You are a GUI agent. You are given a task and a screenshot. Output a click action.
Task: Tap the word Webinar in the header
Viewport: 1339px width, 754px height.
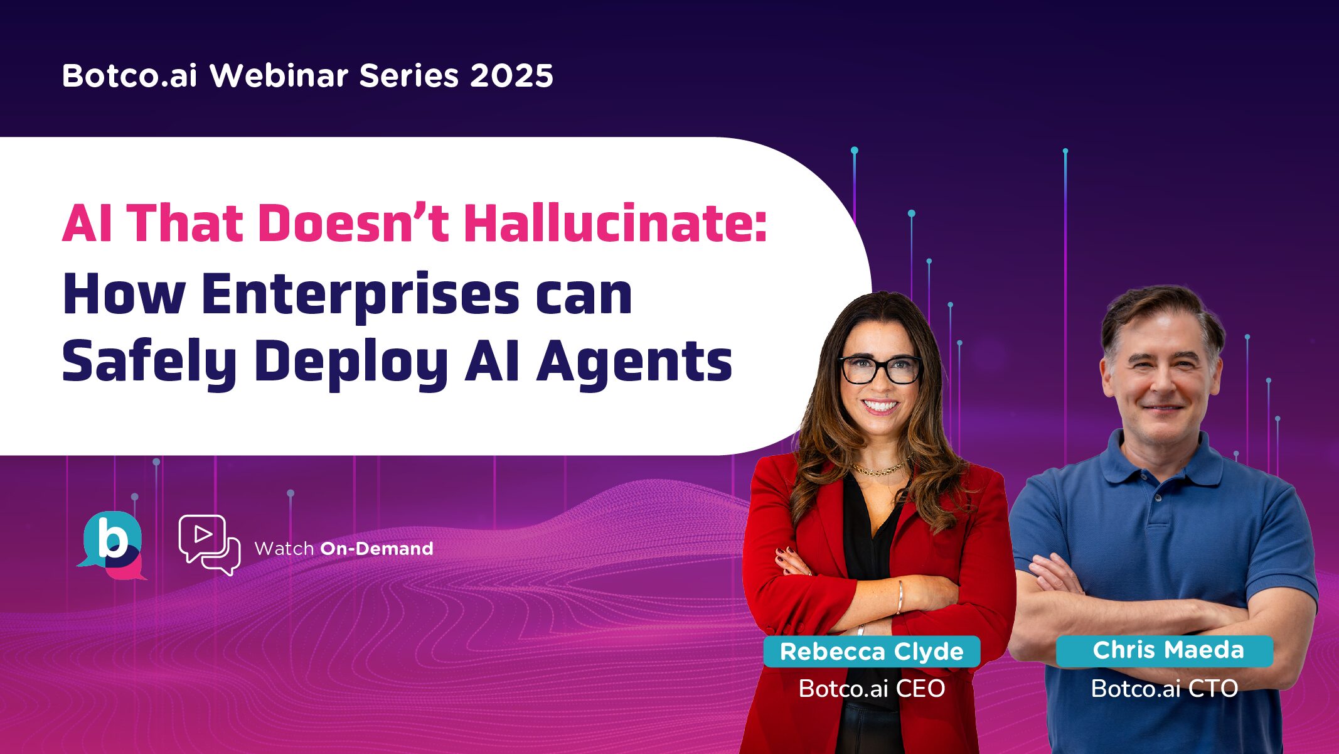point(279,76)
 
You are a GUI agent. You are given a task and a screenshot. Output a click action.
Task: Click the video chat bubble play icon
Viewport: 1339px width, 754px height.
point(208,544)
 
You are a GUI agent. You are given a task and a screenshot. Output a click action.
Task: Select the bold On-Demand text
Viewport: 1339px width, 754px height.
point(376,549)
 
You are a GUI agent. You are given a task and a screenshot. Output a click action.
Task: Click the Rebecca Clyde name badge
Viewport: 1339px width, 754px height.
point(872,652)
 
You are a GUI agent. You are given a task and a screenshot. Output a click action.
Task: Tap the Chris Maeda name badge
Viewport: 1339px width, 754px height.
point(1168,650)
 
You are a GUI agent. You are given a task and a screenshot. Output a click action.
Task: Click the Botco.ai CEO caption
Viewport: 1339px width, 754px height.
point(872,689)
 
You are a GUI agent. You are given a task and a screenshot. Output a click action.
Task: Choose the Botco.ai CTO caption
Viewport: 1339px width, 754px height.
point(1165,689)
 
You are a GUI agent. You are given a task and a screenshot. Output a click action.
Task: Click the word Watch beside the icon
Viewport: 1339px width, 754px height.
point(284,549)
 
